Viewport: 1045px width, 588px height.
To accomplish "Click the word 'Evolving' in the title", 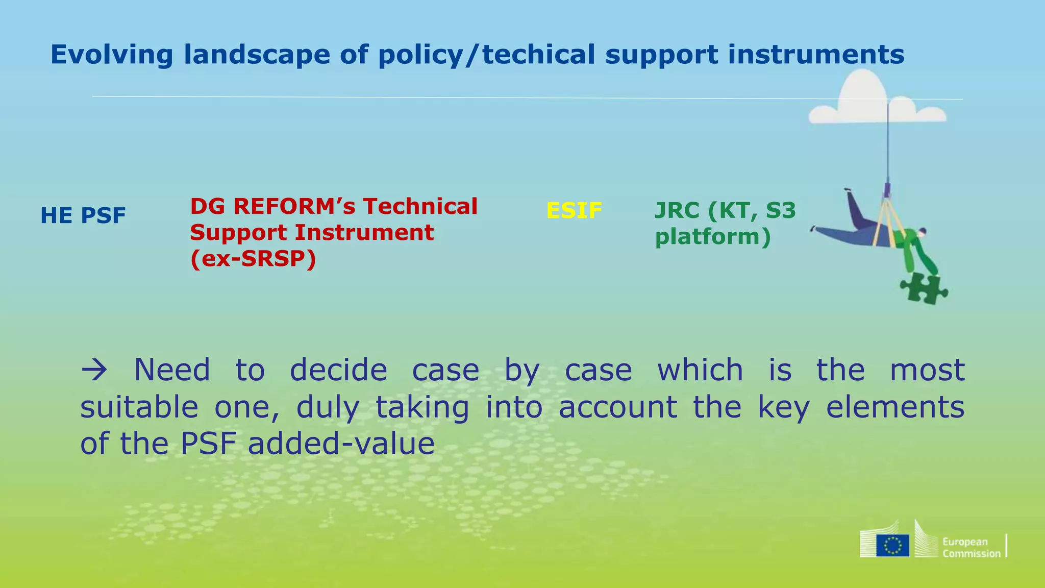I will tap(111, 55).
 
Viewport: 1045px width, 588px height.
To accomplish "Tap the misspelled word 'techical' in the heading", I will tap(538, 55).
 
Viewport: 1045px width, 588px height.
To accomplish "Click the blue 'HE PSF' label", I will tap(83, 215).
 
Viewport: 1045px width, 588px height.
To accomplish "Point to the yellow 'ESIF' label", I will tap(574, 210).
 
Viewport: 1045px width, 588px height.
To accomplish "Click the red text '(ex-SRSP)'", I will tap(253, 259).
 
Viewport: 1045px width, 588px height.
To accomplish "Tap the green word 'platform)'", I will tap(713, 237).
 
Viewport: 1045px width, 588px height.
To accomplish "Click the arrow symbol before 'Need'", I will tap(94, 370).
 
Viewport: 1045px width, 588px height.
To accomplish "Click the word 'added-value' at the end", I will tap(341, 443).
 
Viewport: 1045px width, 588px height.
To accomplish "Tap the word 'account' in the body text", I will tap(618, 407).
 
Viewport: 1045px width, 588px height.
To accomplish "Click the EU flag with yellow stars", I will tap(892, 545).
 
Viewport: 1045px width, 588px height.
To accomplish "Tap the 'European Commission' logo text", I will tap(971, 548).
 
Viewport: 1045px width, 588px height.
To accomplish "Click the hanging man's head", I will tap(921, 233).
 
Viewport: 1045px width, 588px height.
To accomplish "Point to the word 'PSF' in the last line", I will tap(208, 443).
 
